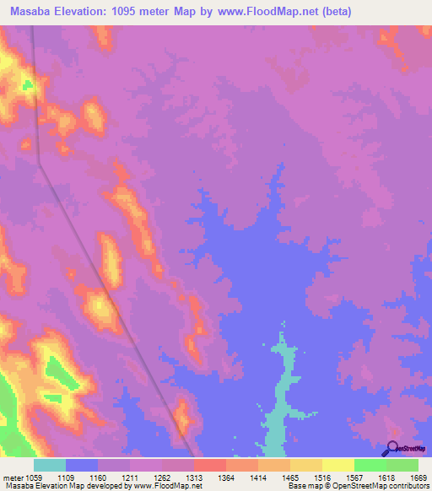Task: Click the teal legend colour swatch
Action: (50, 465)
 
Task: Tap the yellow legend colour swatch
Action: (337, 465)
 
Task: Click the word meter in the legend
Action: (13, 477)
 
